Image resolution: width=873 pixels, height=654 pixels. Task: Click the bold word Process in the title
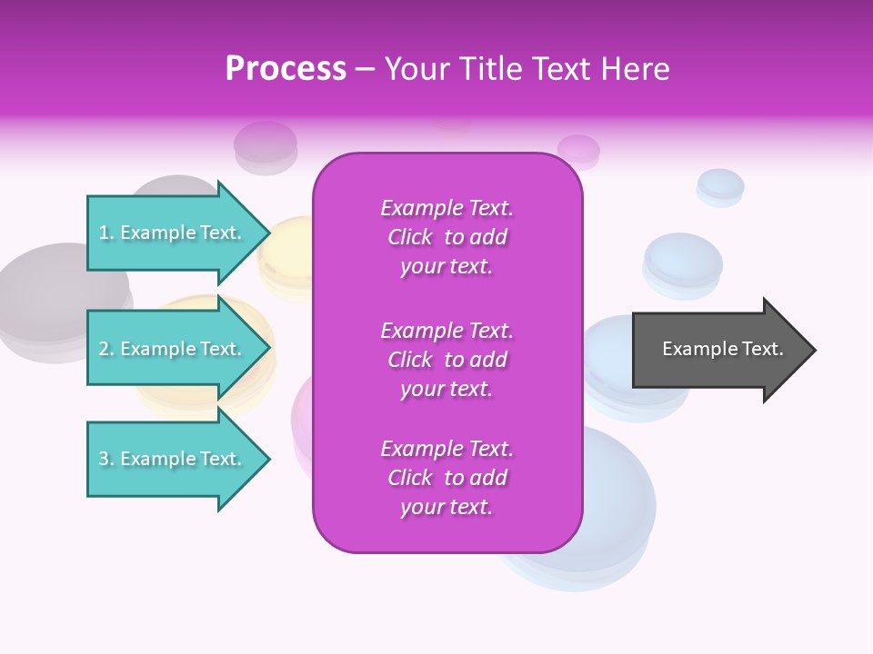coord(286,69)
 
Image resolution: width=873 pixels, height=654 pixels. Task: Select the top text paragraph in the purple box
coord(447,237)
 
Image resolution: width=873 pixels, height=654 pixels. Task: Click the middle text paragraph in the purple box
coord(447,360)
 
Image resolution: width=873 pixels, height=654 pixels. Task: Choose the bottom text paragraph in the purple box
coord(447,478)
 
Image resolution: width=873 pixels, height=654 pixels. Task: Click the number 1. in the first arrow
coord(106,233)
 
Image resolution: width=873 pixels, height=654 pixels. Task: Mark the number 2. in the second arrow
coord(106,349)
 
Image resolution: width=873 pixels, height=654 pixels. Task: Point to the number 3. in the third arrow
coord(106,459)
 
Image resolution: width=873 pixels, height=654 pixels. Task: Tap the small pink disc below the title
coord(578,150)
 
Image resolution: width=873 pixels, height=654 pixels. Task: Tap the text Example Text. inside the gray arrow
coord(722,349)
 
